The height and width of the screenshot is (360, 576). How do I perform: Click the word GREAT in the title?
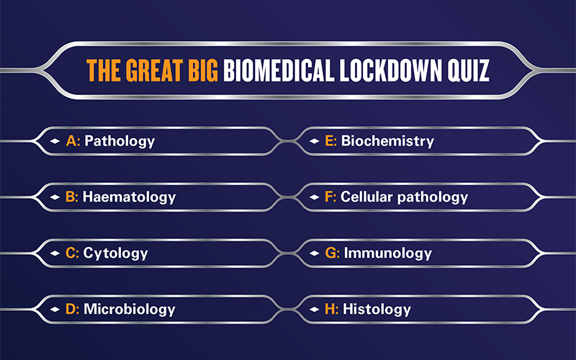pos(154,70)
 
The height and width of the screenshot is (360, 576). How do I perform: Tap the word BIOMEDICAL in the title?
pos(279,70)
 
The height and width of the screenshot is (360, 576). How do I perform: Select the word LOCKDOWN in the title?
pos(390,70)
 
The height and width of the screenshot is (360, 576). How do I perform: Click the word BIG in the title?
pos(203,70)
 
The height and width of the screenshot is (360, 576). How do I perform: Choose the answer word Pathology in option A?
pos(120,141)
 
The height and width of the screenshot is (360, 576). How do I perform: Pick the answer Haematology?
pos(130,197)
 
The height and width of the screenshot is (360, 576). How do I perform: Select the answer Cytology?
pos(116,253)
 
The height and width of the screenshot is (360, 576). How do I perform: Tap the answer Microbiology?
pos(130,310)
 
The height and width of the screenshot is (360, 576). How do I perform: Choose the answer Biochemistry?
pos(387,141)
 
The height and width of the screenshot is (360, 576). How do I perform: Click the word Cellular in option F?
pos(366,197)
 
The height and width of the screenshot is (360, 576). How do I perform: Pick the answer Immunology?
pos(388,253)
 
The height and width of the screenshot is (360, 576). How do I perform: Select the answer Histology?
pos(377,310)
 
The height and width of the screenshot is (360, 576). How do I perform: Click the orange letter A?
pos(73,141)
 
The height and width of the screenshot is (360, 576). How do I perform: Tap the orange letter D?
pos(73,309)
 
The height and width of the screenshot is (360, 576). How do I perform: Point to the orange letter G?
pos(333,253)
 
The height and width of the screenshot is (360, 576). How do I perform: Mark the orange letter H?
pos(332,309)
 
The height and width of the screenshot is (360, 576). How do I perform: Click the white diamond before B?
pos(55,197)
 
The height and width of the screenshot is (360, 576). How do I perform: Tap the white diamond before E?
pos(314,141)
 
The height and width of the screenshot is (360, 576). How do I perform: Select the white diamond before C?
pos(55,253)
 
